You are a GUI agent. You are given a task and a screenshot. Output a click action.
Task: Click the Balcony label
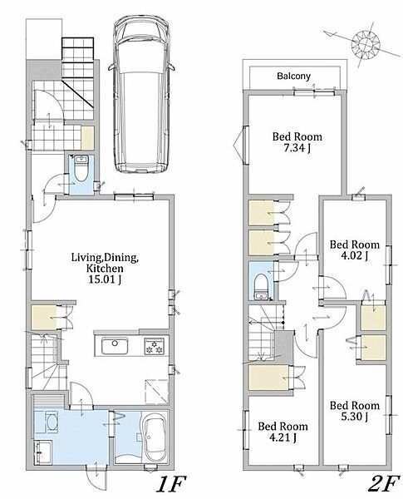pos(293,76)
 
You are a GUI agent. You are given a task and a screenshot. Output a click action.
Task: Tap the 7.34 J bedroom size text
pos(297,148)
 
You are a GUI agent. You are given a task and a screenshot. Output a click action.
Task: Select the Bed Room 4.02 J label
pos(355,249)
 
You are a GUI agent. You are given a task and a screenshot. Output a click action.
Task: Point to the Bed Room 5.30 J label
pos(355,411)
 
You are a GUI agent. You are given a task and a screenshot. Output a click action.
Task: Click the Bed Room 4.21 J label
pos(283,432)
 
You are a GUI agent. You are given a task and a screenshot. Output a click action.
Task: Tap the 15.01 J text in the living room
pos(106,279)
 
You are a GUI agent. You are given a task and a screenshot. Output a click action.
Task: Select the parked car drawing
pos(141,95)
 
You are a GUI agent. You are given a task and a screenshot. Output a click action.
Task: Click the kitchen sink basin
pos(115,346)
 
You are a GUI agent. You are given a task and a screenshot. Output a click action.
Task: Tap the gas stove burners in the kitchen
pos(155,346)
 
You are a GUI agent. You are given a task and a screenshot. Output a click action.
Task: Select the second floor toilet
pos(261,287)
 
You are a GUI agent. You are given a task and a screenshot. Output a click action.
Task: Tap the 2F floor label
pos(383,484)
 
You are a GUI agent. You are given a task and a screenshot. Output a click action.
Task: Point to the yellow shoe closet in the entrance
pos(87,138)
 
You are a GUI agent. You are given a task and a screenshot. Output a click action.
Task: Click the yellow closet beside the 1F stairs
pos(44,318)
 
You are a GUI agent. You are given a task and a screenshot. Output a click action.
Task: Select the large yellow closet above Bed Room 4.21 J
pos(268,378)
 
